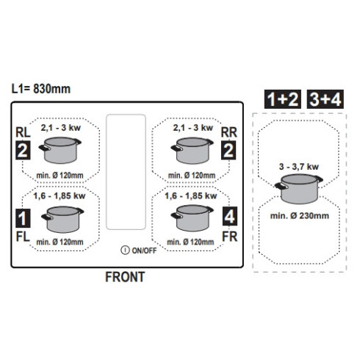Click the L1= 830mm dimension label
tap(41, 89)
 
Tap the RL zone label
tap(23, 132)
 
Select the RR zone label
tap(229, 132)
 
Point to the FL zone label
tap(23, 237)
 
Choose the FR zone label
tap(230, 237)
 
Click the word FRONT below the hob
tap(125, 277)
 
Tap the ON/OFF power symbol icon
tap(125, 250)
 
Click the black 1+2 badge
tap(283, 99)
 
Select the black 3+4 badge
tap(325, 99)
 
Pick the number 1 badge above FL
tap(23, 218)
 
